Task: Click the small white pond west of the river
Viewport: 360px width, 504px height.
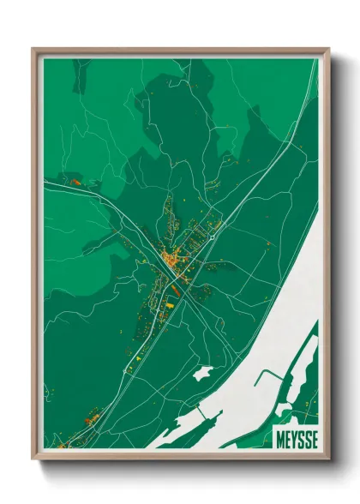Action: click(x=203, y=374)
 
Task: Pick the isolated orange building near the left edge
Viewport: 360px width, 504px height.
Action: click(x=75, y=182)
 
